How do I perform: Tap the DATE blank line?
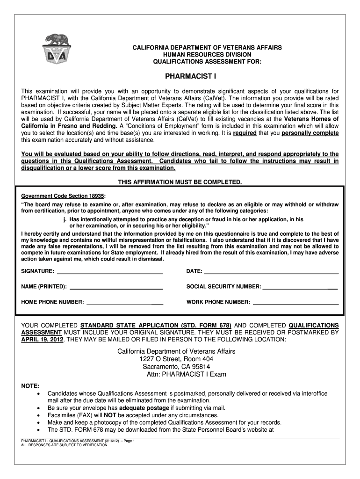point(271,272)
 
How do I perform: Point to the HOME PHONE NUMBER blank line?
point(125,303)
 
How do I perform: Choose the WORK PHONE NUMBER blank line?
point(295,303)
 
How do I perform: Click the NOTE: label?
point(31,386)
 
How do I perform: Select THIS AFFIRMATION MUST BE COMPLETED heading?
point(180,181)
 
